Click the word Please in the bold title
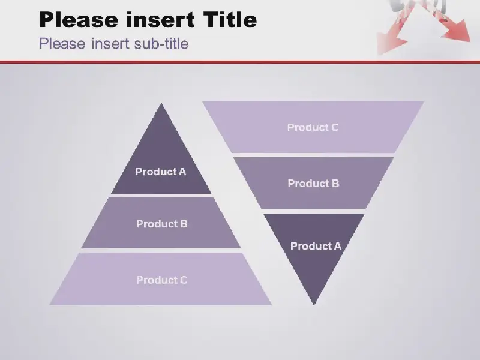click(79, 20)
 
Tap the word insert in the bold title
click(160, 20)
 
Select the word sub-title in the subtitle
click(161, 43)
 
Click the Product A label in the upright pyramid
click(161, 172)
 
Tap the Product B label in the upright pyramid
click(161, 224)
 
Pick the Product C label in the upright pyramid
click(161, 280)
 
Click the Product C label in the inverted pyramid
click(313, 127)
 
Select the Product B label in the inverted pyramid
click(313, 184)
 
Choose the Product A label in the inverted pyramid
click(316, 246)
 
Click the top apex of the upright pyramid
click(161, 103)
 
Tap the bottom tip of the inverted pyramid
click(314, 305)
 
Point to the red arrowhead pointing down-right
click(458, 31)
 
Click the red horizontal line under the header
click(240, 62)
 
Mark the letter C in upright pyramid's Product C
click(184, 280)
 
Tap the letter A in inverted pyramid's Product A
click(337, 246)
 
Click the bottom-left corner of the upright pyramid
click(50, 305)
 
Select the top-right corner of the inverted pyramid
click(424, 101)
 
